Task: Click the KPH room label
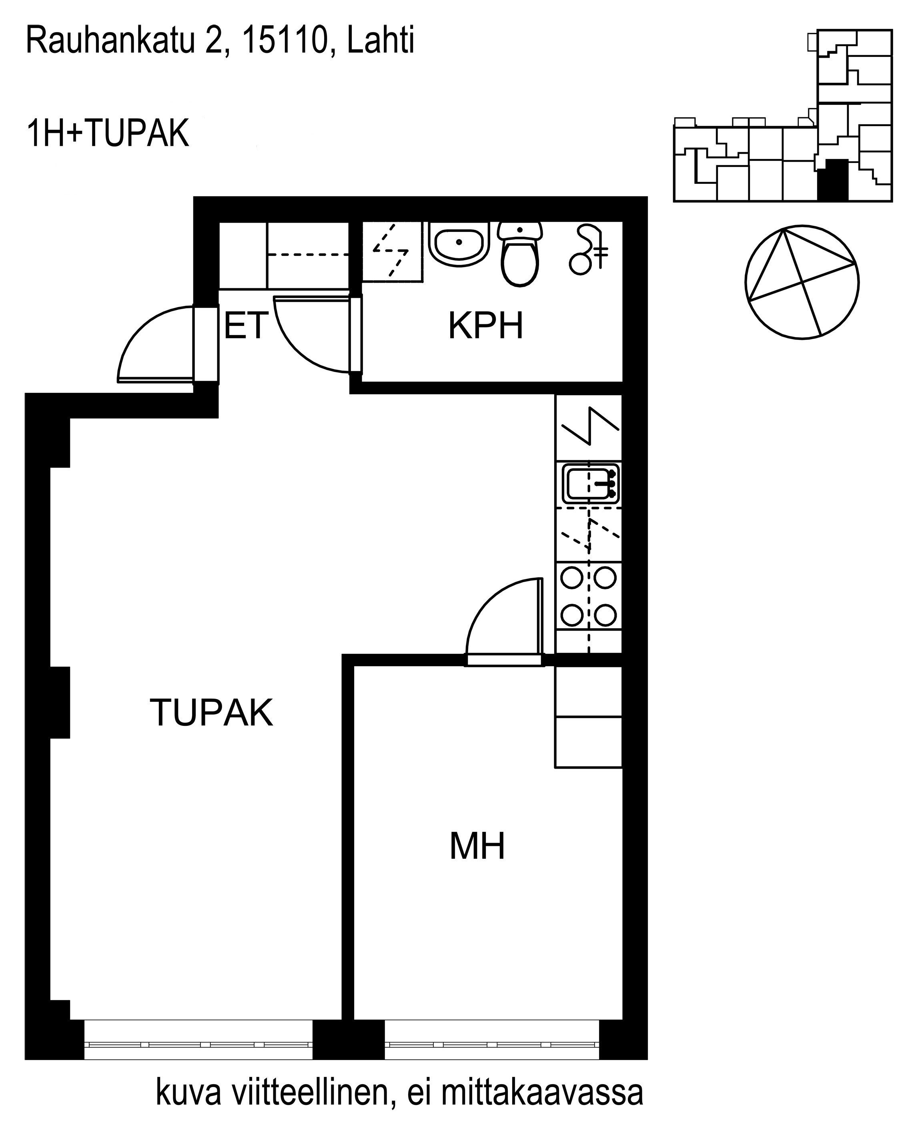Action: [x=485, y=326]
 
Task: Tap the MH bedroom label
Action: [x=477, y=846]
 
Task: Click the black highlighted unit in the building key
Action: [x=833, y=180]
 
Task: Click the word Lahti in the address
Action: [x=380, y=41]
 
